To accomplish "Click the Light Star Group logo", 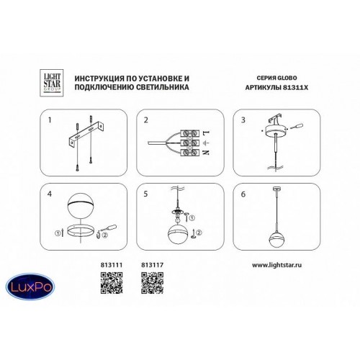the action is point(51,83).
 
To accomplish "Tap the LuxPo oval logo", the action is point(30,287).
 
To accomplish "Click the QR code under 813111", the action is point(112,283).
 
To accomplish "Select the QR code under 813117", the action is point(153,283).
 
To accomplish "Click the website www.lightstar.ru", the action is point(276,265).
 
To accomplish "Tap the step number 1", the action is point(50,120).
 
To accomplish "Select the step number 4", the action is point(50,194).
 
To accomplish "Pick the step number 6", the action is point(243,194).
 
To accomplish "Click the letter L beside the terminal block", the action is point(207,132).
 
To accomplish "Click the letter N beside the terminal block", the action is point(207,152).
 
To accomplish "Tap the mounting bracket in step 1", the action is point(86,135).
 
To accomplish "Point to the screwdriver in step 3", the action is point(297,126).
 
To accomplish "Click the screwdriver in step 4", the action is point(109,228).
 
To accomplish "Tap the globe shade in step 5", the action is point(178,233).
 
